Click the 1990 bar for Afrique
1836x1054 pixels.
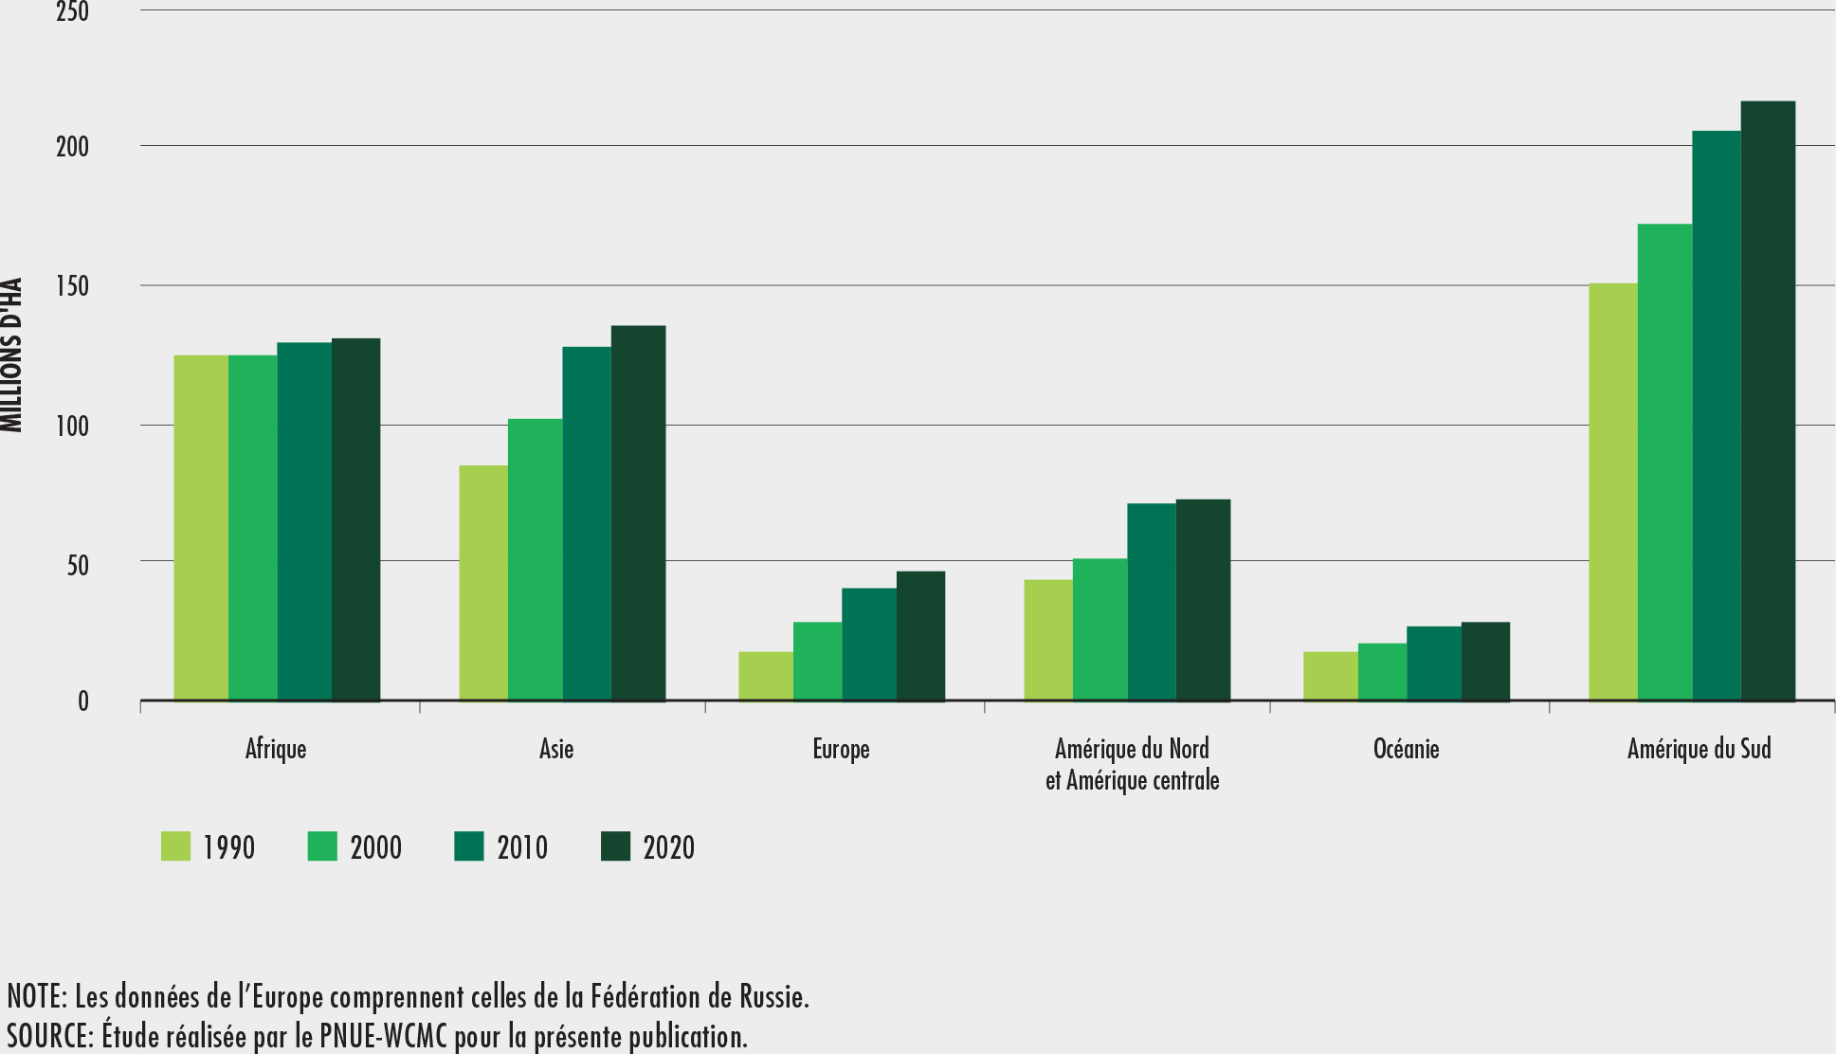(x=201, y=528)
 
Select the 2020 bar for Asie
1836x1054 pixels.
(x=638, y=513)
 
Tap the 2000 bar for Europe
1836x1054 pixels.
(x=817, y=662)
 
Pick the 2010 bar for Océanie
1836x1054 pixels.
(x=1433, y=663)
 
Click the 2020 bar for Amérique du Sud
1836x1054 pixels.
(x=1768, y=401)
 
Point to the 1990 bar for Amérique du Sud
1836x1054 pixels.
(x=1612, y=492)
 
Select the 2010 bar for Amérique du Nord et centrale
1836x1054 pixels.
(x=1151, y=602)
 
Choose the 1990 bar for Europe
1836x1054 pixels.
(x=765, y=676)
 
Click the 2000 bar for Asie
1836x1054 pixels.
(x=535, y=559)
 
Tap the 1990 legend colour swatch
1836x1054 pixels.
(x=175, y=846)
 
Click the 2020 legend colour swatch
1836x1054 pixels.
(x=616, y=846)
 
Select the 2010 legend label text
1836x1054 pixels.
(x=522, y=847)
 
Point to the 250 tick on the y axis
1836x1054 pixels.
(x=72, y=12)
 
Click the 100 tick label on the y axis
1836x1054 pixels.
(x=72, y=427)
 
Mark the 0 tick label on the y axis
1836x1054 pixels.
(x=83, y=701)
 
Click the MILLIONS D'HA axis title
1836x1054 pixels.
(x=12, y=355)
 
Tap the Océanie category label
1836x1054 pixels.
(x=1406, y=749)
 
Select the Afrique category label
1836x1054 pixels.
(x=276, y=749)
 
